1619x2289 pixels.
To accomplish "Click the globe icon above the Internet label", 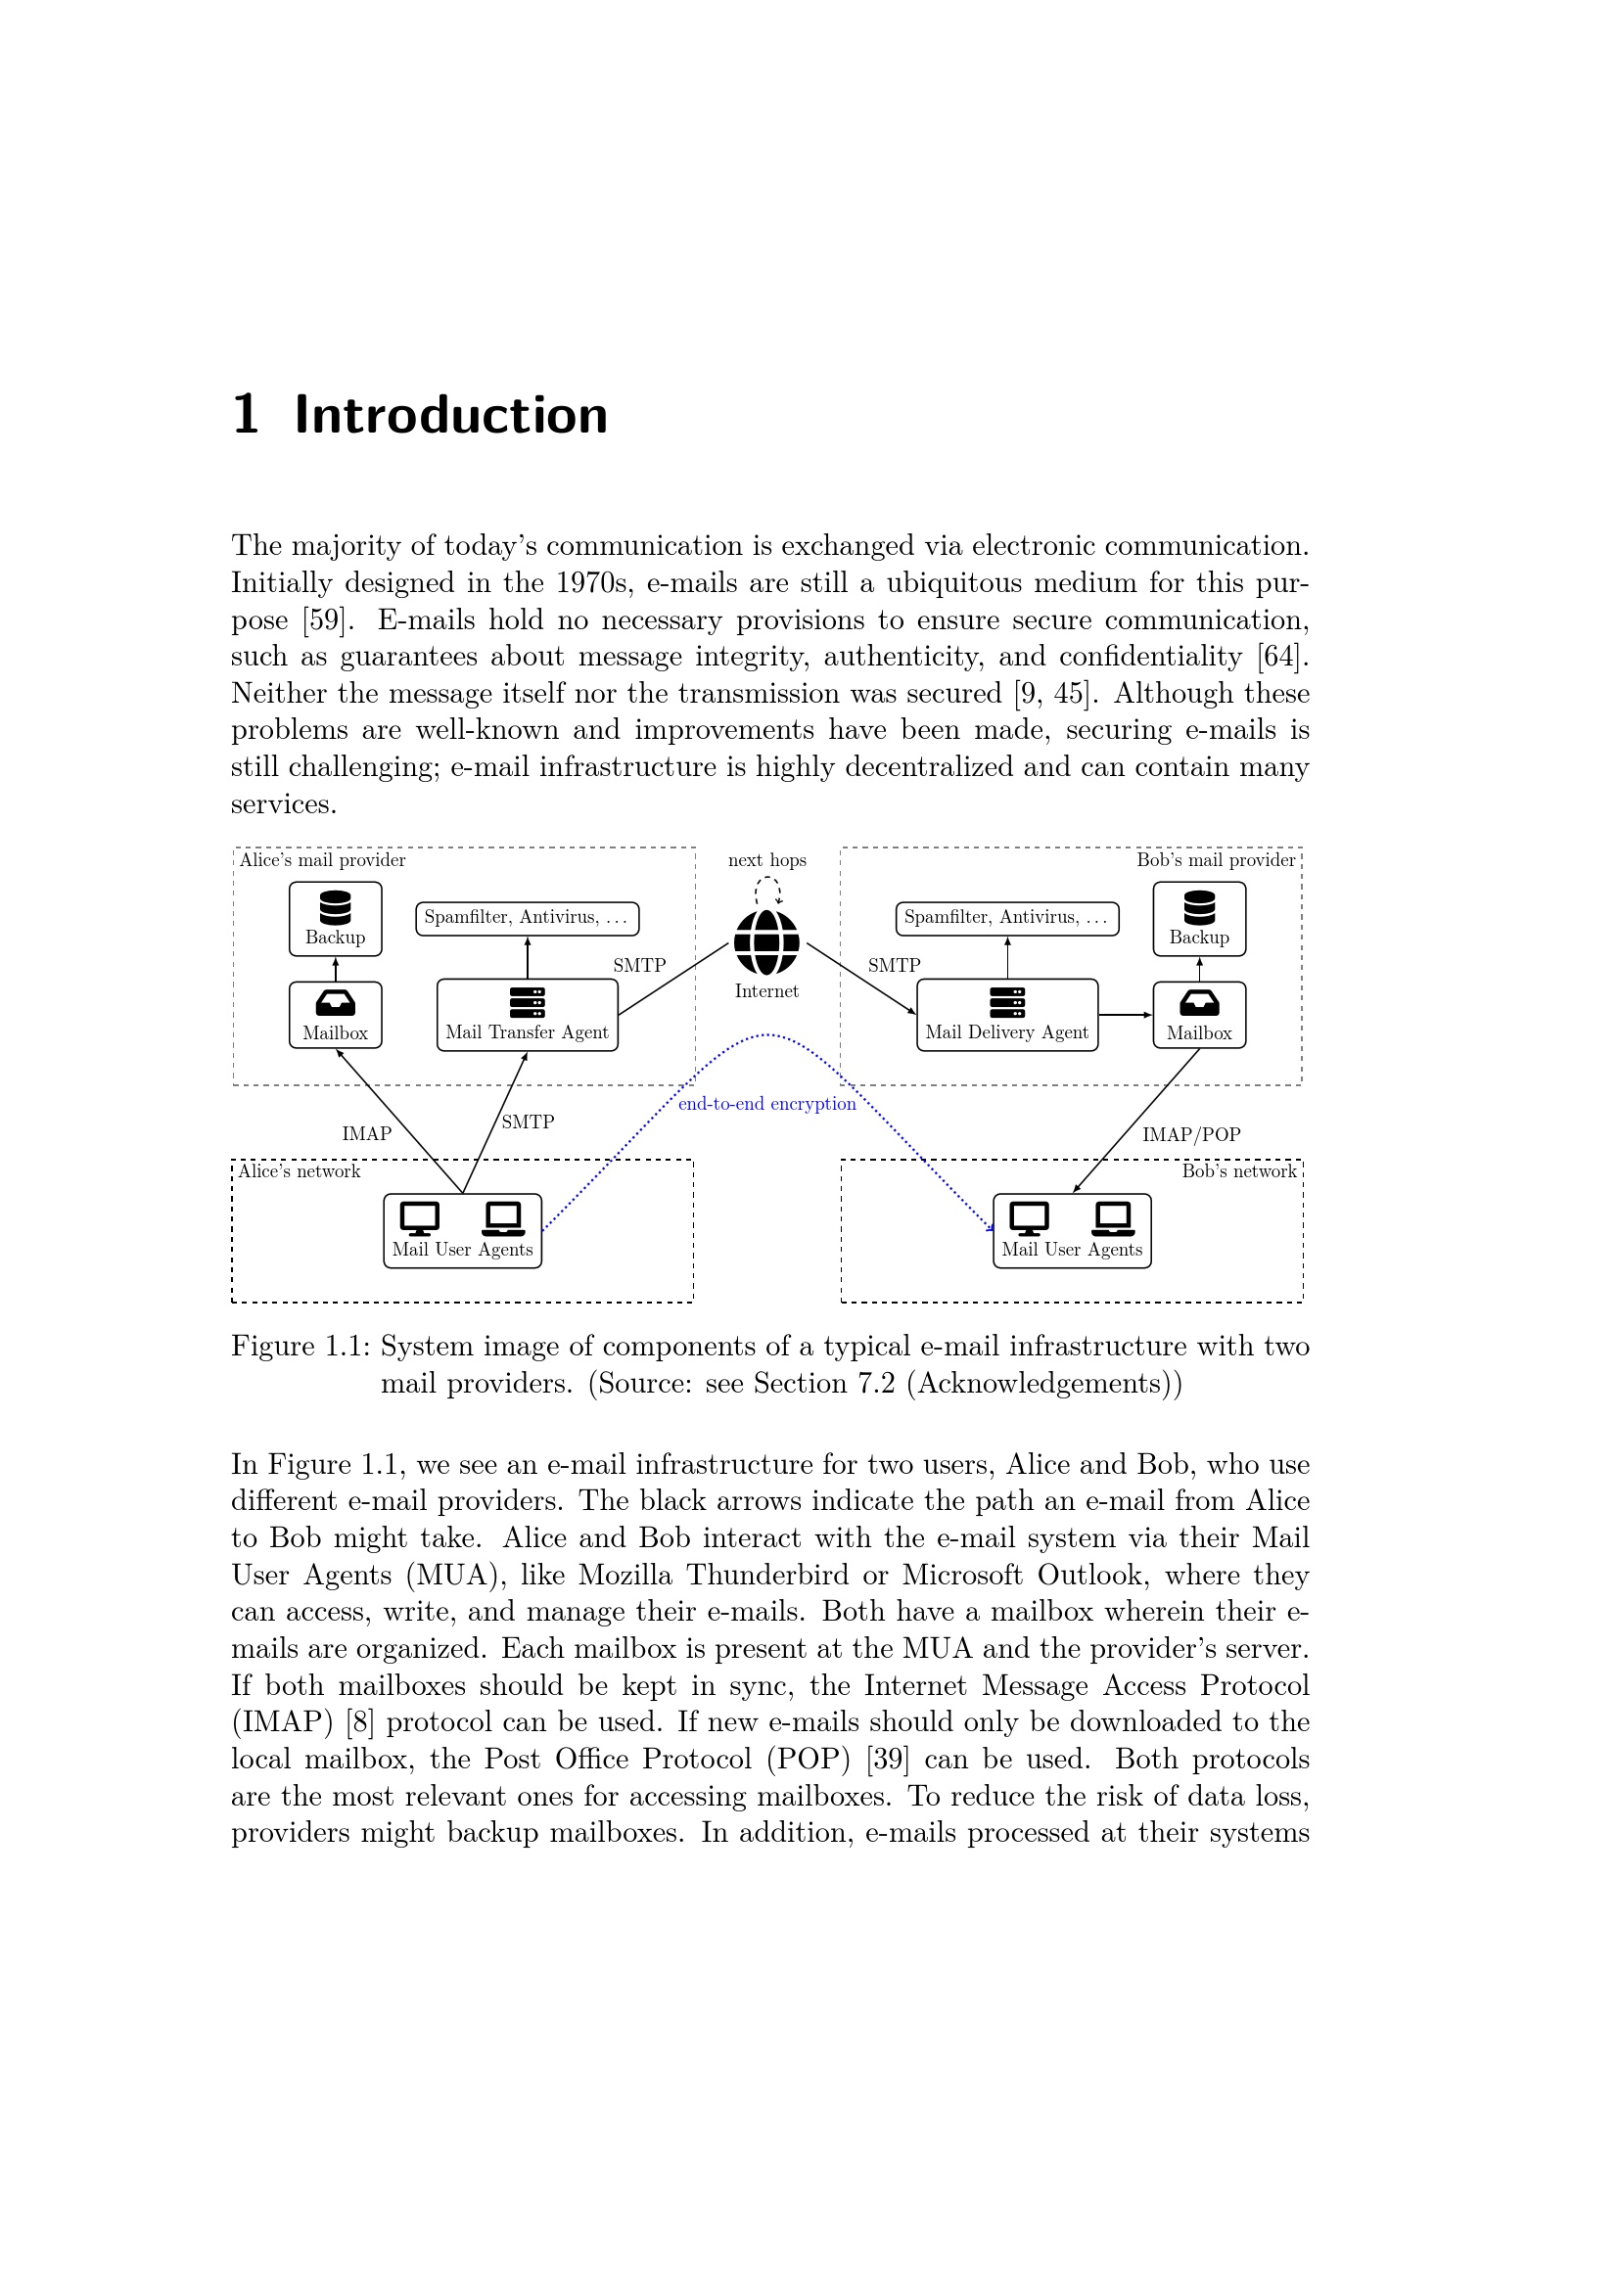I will coord(766,942).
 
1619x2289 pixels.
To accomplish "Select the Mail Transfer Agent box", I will coord(528,1015).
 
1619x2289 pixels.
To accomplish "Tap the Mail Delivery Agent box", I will coord(1007,1015).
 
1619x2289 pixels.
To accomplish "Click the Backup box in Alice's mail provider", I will coord(335,918).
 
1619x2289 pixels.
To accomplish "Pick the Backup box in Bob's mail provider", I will coord(1199,918).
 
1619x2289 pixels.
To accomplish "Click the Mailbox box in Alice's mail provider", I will coord(335,1015).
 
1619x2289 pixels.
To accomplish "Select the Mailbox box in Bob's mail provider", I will coord(1199,1015).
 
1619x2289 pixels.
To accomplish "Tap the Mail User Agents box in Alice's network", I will coord(463,1230).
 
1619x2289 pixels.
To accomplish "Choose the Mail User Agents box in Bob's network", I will coord(1072,1230).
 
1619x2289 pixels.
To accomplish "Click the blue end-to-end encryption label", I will coord(766,1104).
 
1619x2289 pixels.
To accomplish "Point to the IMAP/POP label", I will coord(1191,1134).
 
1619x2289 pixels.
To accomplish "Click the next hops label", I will coord(766,860).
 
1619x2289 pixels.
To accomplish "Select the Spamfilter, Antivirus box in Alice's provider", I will coord(528,918).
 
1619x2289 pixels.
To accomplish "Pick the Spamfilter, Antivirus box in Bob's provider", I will coord(1007,918).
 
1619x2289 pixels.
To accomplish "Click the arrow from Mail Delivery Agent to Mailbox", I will coord(1126,1015).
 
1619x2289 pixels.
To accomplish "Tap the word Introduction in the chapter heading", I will coord(450,415).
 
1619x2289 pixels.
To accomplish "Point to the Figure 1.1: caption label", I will coord(301,1347).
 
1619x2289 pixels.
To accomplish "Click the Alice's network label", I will coord(300,1171).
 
